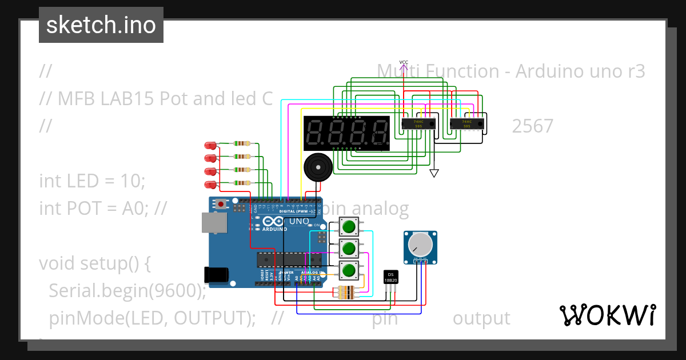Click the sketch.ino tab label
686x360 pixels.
101,25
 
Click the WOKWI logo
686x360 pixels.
607,315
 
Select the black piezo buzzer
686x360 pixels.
316,167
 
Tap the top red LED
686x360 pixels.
211,145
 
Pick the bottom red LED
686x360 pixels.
211,184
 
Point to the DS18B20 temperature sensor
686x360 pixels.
391,278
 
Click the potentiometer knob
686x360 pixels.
421,244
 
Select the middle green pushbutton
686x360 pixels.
349,249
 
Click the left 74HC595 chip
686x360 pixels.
418,123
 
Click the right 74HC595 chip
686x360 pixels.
467,123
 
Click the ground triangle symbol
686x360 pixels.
434,173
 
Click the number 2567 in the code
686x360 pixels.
532,126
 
